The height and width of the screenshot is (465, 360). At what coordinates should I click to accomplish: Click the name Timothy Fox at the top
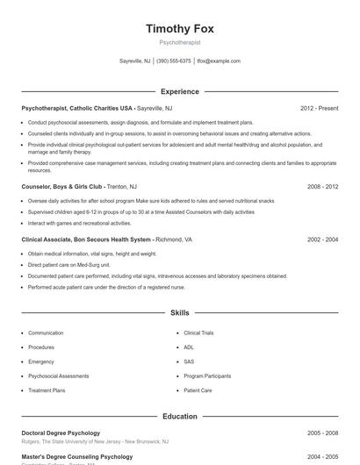click(180, 28)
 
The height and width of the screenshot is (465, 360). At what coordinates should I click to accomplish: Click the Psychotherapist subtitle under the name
click(180, 42)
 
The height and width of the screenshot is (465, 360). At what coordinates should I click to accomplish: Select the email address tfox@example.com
click(219, 61)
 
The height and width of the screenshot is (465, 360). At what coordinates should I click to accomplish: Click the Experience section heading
click(180, 91)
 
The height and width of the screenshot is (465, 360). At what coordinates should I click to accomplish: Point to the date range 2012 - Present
click(319, 108)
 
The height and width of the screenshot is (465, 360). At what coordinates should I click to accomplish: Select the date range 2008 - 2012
click(322, 187)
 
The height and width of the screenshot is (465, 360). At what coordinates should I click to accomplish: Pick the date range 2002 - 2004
click(322, 240)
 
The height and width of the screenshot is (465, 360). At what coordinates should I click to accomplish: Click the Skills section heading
click(180, 312)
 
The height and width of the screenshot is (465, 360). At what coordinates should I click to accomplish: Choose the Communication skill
click(46, 333)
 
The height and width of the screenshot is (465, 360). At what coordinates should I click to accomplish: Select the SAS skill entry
click(189, 361)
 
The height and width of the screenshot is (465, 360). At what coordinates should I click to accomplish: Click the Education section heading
click(180, 417)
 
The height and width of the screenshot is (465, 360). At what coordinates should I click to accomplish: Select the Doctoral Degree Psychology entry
click(63, 433)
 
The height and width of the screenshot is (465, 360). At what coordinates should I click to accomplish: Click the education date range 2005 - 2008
click(322, 433)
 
